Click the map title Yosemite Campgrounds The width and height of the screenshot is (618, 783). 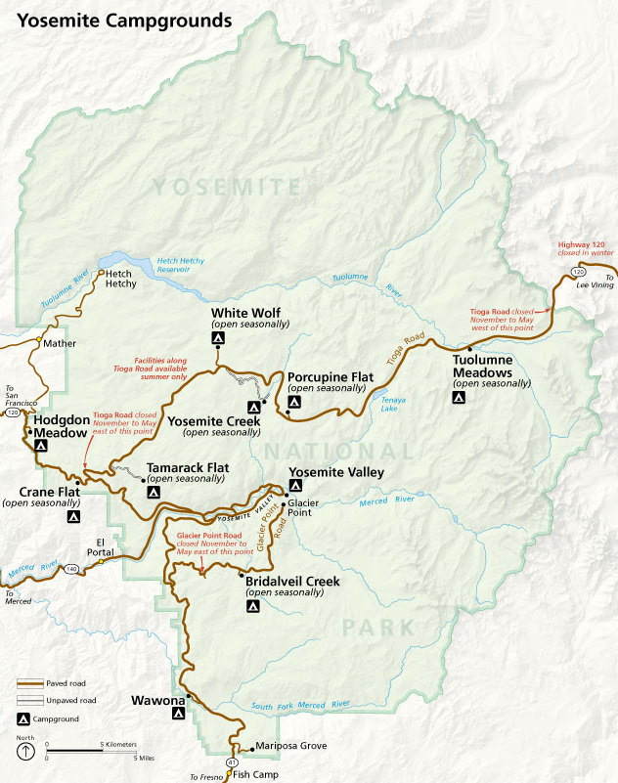tap(124, 19)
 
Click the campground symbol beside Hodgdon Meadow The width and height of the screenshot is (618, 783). tap(41, 445)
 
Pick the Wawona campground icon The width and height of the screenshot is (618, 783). tap(179, 714)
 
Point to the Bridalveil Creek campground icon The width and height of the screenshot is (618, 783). tap(252, 606)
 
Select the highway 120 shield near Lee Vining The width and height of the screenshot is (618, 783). tap(579, 271)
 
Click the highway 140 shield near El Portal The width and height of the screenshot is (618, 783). tap(70, 567)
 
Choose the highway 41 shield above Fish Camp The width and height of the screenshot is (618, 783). tap(232, 761)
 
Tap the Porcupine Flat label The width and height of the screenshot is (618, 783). tap(326, 376)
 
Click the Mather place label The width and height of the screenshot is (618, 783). tap(59, 343)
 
